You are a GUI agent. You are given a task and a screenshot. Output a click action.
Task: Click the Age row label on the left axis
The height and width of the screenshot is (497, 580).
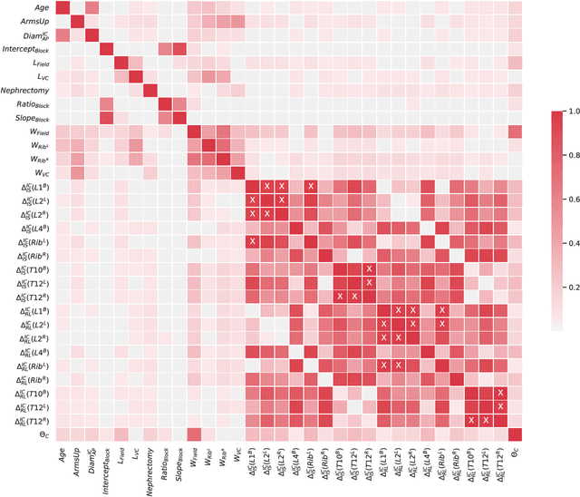coord(39,7)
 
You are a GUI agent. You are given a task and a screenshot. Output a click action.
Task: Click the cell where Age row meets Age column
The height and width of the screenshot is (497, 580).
coord(62,8)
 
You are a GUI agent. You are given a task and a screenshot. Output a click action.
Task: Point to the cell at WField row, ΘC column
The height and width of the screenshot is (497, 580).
coord(515,132)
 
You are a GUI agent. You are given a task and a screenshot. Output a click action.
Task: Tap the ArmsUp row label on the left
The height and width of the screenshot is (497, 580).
coord(34,22)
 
